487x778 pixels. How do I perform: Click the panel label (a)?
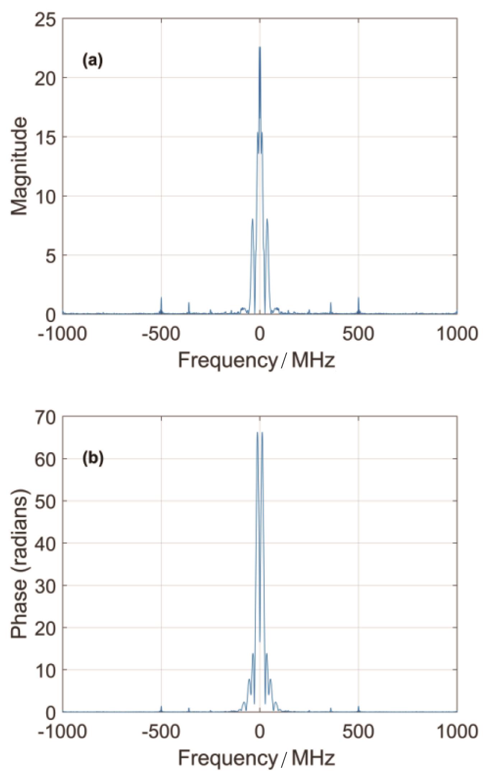tap(93, 60)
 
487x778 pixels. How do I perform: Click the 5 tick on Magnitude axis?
tap(50, 256)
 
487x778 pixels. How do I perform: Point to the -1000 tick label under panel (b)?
tap(62, 731)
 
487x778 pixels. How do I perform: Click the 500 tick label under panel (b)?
tap(358, 731)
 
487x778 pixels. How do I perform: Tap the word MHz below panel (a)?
tap(313, 361)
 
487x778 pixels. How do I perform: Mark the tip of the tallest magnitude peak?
tap(260, 47)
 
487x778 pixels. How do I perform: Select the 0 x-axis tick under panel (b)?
tap(260, 731)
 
